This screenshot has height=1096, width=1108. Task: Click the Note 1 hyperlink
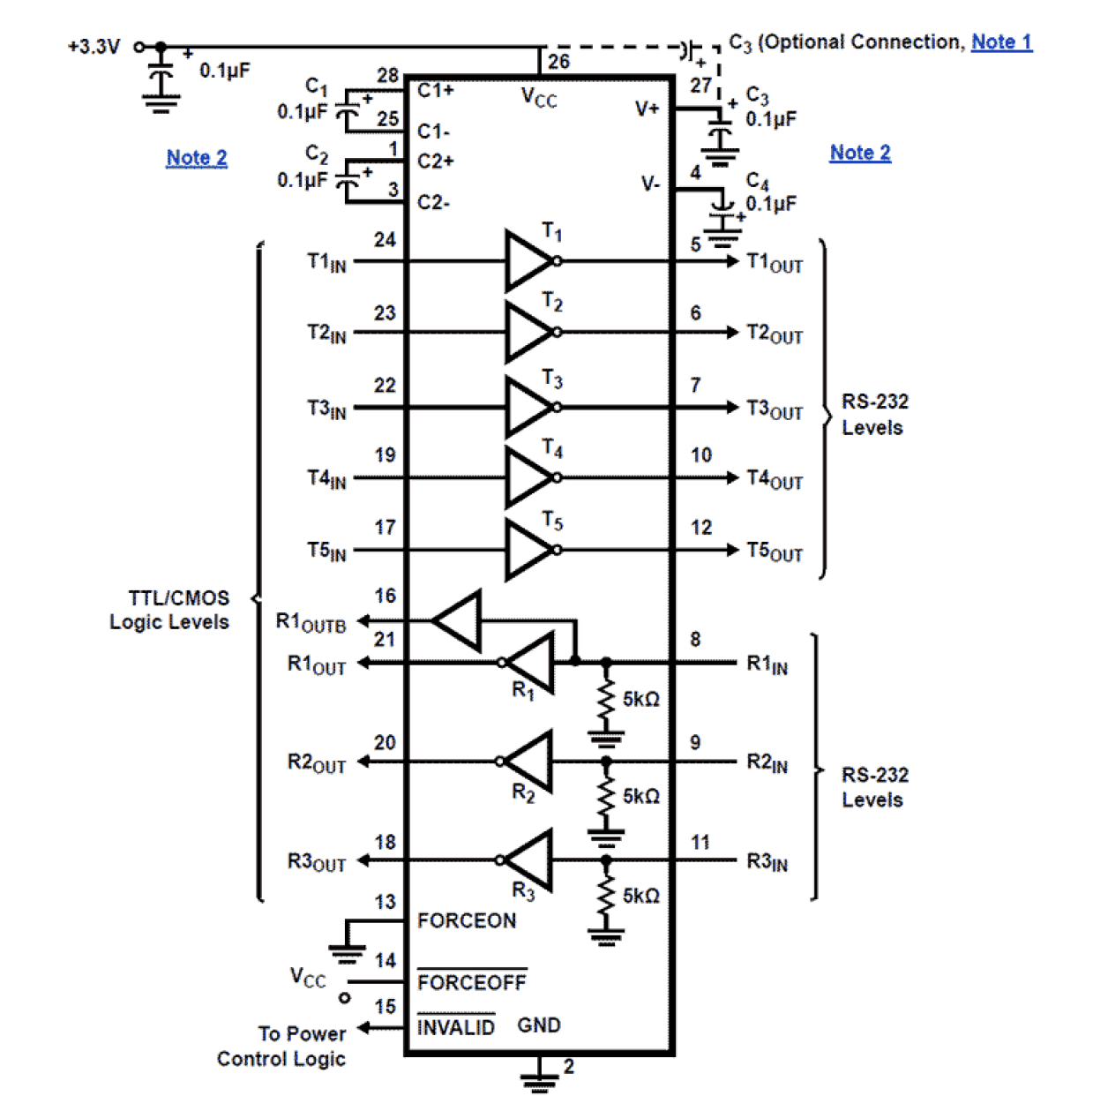(1001, 41)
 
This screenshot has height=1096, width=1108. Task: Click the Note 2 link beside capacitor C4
(860, 153)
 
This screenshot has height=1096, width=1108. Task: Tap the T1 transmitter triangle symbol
(528, 261)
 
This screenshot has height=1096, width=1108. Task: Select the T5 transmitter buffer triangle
(528, 550)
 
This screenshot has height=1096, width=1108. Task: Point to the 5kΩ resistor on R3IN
(606, 895)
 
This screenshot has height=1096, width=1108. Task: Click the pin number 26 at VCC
(559, 61)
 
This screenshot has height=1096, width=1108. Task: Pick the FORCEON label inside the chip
(467, 921)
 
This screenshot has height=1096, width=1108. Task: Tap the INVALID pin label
(455, 1027)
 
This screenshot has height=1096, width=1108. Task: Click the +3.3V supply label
(94, 47)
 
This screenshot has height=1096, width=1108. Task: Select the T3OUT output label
(775, 409)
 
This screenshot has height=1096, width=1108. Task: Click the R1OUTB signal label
(311, 622)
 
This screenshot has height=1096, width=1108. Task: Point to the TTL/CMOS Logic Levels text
(170, 610)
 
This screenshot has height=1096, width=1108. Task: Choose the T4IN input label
(326, 479)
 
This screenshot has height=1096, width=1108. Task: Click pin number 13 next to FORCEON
(386, 902)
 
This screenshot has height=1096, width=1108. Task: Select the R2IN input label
(767, 762)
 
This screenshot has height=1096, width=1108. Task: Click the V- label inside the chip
(650, 184)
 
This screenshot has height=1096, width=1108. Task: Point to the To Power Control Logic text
(282, 1046)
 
